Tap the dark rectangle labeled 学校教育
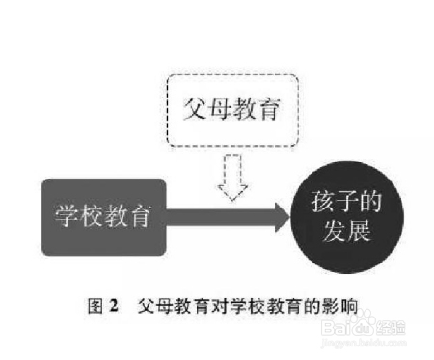click(104, 215)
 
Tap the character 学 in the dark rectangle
click(67, 215)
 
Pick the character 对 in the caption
click(208, 308)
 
